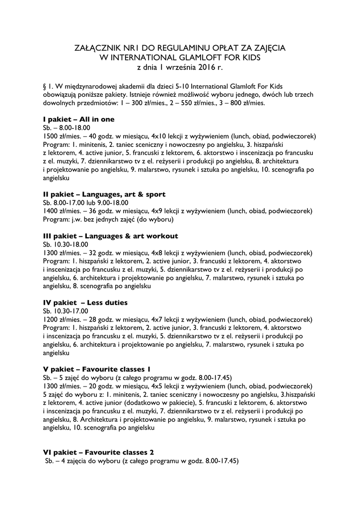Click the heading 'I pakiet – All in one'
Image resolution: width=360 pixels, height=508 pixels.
pos(79,120)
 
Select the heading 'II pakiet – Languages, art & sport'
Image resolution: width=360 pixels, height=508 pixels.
pos(104,194)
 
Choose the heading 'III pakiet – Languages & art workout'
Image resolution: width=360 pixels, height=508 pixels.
pos(111,236)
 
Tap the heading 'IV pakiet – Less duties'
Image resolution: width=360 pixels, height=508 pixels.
pos(85,302)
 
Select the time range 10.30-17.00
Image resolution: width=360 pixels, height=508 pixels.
pos(71,311)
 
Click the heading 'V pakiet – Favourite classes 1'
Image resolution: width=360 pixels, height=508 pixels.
pos(97,369)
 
